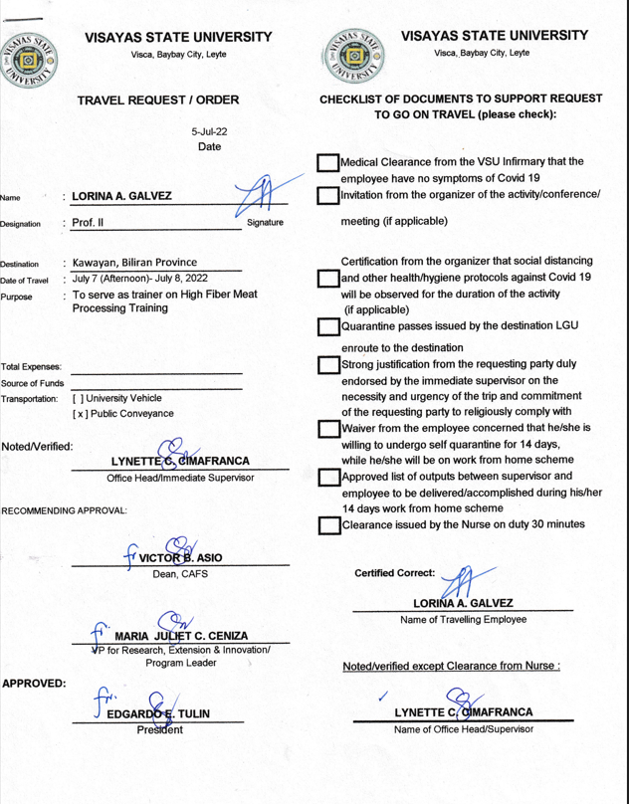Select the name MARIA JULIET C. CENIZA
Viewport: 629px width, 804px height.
[x=181, y=636]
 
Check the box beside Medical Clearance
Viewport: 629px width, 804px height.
[x=327, y=168]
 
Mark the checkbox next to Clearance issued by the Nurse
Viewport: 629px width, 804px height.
[x=327, y=524]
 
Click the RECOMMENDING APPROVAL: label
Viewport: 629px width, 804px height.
[x=64, y=511]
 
